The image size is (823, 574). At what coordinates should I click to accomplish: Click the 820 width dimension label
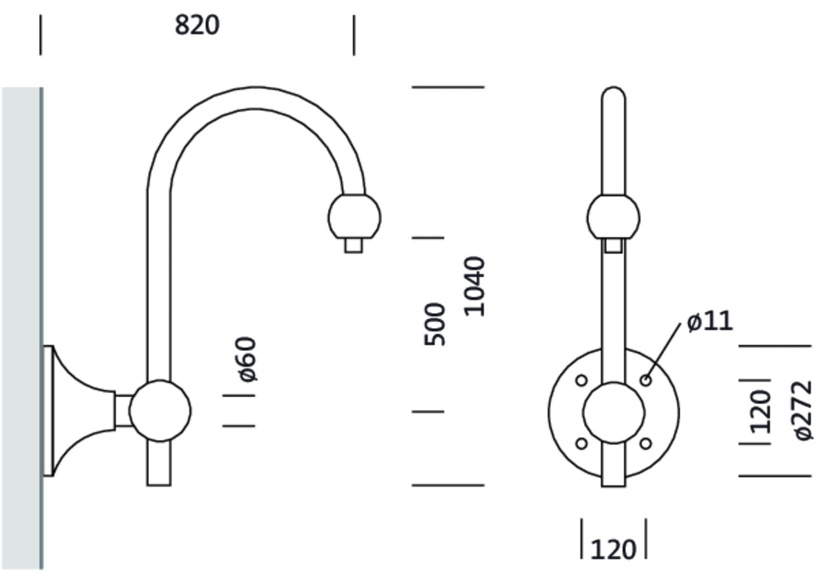click(x=197, y=25)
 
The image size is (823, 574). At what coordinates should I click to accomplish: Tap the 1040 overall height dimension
click(x=475, y=286)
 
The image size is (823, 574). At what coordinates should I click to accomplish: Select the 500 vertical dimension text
click(x=435, y=324)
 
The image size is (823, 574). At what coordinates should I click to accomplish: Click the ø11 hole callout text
click(x=709, y=321)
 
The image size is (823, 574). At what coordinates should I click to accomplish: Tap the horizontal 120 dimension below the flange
click(x=613, y=549)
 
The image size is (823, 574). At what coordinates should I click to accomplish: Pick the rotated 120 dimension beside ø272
click(x=760, y=412)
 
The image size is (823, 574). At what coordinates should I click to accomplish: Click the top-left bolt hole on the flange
click(x=581, y=380)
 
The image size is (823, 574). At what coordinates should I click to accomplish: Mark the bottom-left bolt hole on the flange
click(x=581, y=443)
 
